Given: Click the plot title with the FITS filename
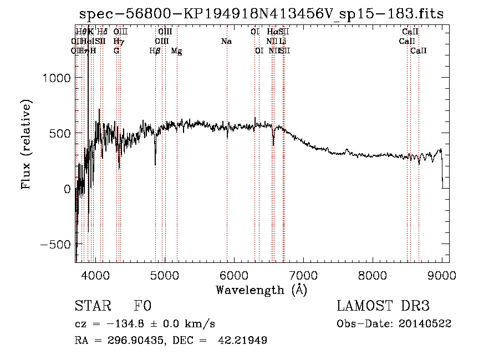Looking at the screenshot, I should [262, 14].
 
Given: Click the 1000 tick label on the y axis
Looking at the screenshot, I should [57, 78].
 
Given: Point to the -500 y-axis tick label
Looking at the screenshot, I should [57, 245].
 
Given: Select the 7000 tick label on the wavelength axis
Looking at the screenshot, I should [303, 275].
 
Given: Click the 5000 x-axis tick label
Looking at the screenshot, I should [164, 275].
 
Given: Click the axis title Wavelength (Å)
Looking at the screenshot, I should [261, 290].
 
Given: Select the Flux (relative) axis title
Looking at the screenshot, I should [26, 144].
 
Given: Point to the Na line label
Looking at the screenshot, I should [226, 42].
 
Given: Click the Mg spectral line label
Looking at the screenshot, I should [176, 51].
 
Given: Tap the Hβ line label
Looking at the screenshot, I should [155, 51].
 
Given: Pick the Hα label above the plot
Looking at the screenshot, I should [272, 32].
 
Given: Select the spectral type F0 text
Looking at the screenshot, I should [142, 307].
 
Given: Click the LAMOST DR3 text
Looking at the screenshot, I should [383, 307].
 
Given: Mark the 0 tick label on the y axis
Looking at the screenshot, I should [67, 189].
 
